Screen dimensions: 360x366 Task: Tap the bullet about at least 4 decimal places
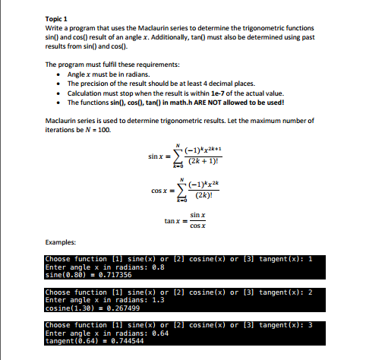coord(144,83)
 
